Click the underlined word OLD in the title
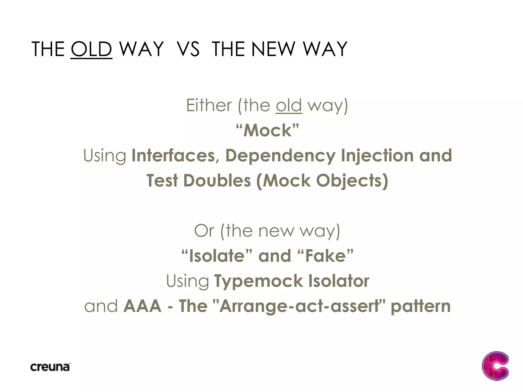click(x=91, y=49)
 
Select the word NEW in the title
click(x=273, y=49)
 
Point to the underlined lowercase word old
click(x=289, y=105)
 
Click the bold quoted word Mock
click(x=267, y=130)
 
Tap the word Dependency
click(x=280, y=156)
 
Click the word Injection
click(x=377, y=155)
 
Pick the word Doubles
click(x=217, y=181)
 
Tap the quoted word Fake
click(x=325, y=256)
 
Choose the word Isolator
click(x=339, y=281)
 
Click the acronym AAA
click(x=142, y=306)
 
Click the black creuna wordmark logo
click(x=50, y=367)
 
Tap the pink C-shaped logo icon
click(x=495, y=366)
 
